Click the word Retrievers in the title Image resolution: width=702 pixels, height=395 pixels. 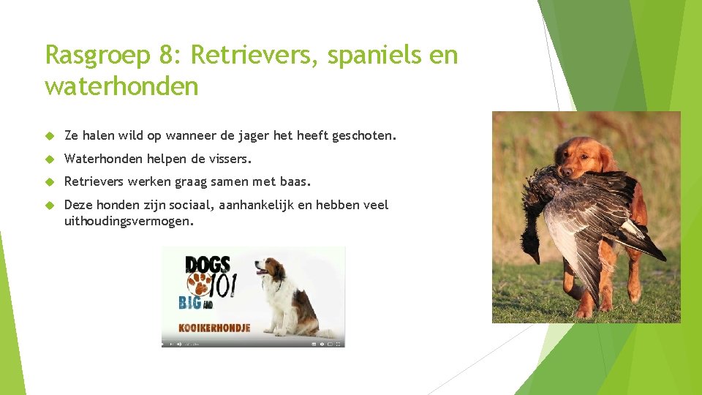pyautogui.click(x=256, y=55)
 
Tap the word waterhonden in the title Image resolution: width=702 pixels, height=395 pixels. pyautogui.click(x=121, y=86)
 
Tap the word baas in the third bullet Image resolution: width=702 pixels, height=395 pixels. pyautogui.click(x=295, y=181)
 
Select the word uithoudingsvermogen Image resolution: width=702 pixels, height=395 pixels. pyautogui.click(x=129, y=220)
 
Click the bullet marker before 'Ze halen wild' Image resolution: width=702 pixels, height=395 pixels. pyautogui.click(x=50, y=135)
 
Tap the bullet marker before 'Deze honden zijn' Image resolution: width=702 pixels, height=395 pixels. pyautogui.click(x=50, y=205)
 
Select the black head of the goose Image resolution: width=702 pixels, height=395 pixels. pyautogui.click(x=532, y=252)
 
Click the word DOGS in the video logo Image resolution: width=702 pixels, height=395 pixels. pyautogui.click(x=208, y=265)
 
